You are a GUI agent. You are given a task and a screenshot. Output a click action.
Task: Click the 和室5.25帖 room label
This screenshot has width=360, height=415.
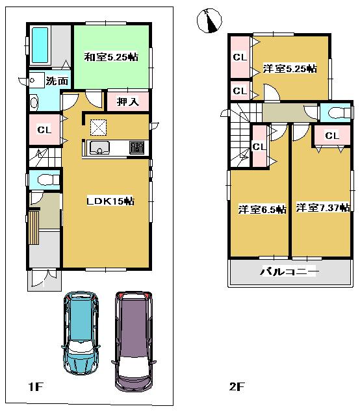point(110,57)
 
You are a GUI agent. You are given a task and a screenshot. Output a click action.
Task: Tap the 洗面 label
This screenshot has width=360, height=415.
point(57,81)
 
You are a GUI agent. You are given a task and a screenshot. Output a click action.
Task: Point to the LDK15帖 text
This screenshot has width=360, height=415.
point(110,201)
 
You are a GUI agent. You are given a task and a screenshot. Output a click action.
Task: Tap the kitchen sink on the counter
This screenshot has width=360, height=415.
point(100,147)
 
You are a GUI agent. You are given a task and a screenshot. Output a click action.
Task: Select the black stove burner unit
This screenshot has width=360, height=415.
point(136,147)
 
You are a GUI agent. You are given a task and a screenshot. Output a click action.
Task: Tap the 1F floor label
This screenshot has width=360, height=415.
point(34,388)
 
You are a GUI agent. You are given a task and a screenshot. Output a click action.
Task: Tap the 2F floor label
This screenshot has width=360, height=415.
point(236,388)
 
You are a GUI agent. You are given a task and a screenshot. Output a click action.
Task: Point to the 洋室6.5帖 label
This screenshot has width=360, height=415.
point(262,209)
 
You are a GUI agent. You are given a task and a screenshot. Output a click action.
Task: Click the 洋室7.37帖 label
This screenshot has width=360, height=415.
point(323,208)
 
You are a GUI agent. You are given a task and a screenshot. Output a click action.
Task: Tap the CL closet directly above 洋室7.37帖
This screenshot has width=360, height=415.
point(331,136)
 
